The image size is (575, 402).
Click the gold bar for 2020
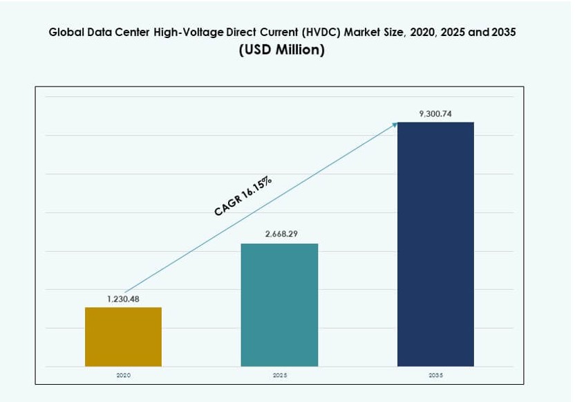[x=123, y=336]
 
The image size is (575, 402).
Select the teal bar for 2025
[x=279, y=304]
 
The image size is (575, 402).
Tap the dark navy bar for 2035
[x=435, y=244]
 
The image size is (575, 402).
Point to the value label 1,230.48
[x=123, y=299]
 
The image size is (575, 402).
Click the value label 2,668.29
[x=279, y=235]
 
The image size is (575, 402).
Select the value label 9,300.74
[x=435, y=113]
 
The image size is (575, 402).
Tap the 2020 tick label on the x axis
[x=123, y=374]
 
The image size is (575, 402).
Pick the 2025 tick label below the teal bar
[x=279, y=374]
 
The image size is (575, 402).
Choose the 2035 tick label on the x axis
[x=435, y=374]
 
